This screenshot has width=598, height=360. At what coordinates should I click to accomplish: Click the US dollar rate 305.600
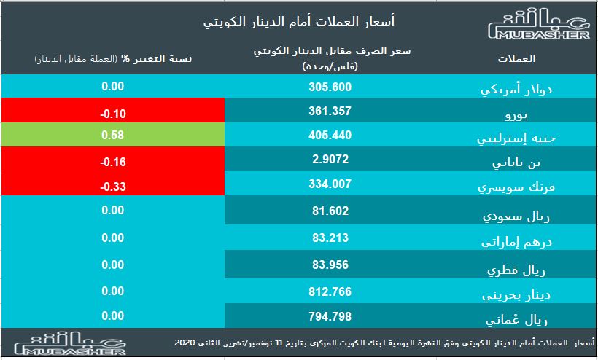(x=330, y=87)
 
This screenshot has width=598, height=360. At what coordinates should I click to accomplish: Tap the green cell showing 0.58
(x=112, y=136)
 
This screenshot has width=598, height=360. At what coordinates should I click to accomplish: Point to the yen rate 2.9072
(x=330, y=158)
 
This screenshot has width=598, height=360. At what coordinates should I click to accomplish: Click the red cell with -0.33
(x=112, y=186)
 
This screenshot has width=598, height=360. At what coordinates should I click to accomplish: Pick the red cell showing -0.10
(x=112, y=114)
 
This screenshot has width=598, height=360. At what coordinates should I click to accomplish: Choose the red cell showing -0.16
(x=112, y=161)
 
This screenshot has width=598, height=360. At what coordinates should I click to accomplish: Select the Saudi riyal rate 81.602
(x=330, y=212)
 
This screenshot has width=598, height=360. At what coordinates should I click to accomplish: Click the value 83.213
(x=330, y=238)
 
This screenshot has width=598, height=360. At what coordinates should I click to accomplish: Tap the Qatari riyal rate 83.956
(x=330, y=265)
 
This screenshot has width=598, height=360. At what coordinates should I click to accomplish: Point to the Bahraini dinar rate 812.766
(x=330, y=291)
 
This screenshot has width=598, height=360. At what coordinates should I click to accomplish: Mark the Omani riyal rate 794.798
(x=330, y=317)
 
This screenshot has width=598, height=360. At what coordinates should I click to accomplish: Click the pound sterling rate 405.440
(x=330, y=136)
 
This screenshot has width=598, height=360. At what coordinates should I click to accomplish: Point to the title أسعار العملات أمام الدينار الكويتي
(x=300, y=22)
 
